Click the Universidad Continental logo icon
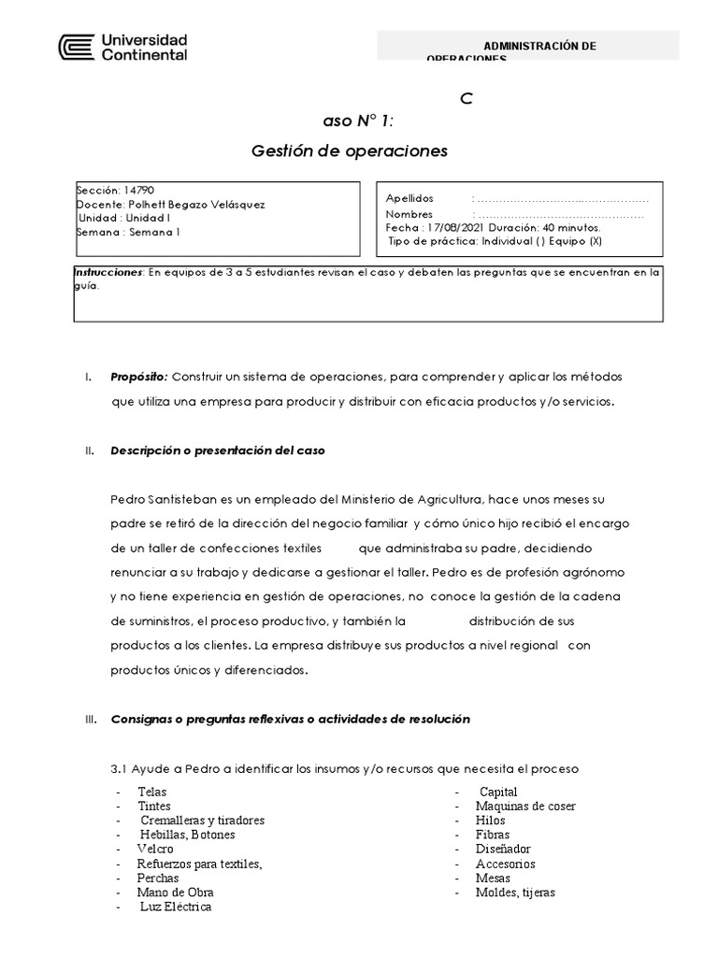pos(76,49)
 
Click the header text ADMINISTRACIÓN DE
pos(539,47)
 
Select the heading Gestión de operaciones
pos(351,150)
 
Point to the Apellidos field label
pos(409,199)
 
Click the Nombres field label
pos(409,213)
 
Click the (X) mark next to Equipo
pos(596,240)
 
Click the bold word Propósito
pos(139,376)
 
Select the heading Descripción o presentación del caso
pos(217,450)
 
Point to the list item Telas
pos(152,792)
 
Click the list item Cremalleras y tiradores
pos(202,821)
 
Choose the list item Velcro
pos(155,850)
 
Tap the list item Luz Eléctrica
pos(176,907)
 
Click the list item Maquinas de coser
pos(524,807)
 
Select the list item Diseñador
pos(503,850)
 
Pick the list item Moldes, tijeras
pos(514,893)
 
